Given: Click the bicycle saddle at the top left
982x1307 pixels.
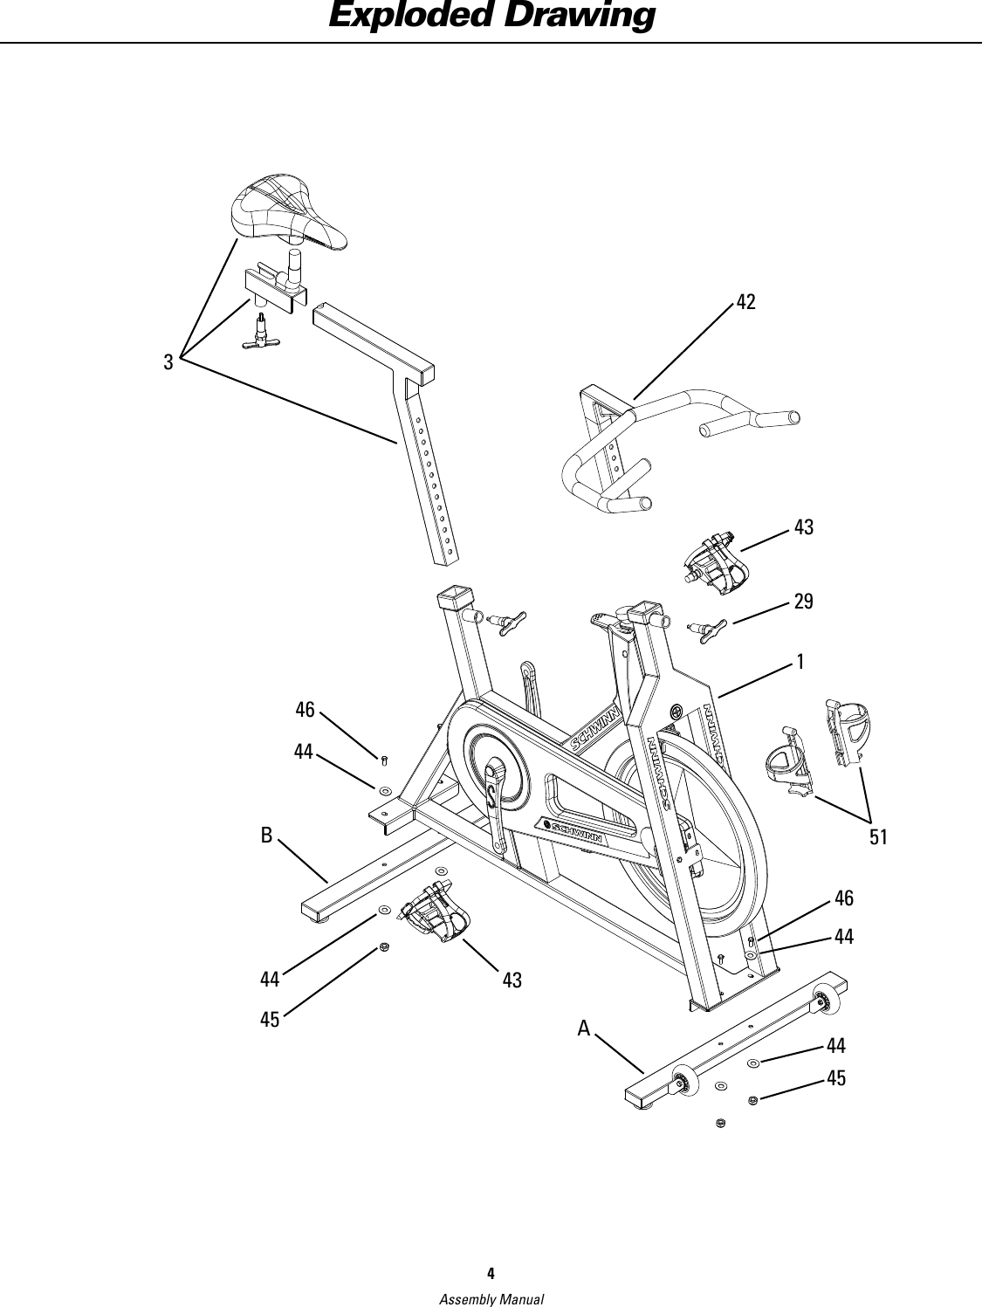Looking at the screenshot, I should pos(283,210).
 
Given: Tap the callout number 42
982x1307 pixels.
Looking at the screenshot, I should pos(745,302).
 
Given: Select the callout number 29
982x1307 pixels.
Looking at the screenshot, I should pos(803,601).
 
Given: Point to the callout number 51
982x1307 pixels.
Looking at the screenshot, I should pos(877,837).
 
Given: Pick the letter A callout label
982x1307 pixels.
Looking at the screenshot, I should pos(584,1029).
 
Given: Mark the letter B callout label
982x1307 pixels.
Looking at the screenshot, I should pos(266,836).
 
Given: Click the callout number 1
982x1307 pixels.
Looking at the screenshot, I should pos(800,661).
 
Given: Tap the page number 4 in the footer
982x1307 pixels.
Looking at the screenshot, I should pos(491,1270).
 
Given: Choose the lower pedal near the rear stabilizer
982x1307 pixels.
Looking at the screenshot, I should pos(436,911).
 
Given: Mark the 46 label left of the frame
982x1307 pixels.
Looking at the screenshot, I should pos(305,710).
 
